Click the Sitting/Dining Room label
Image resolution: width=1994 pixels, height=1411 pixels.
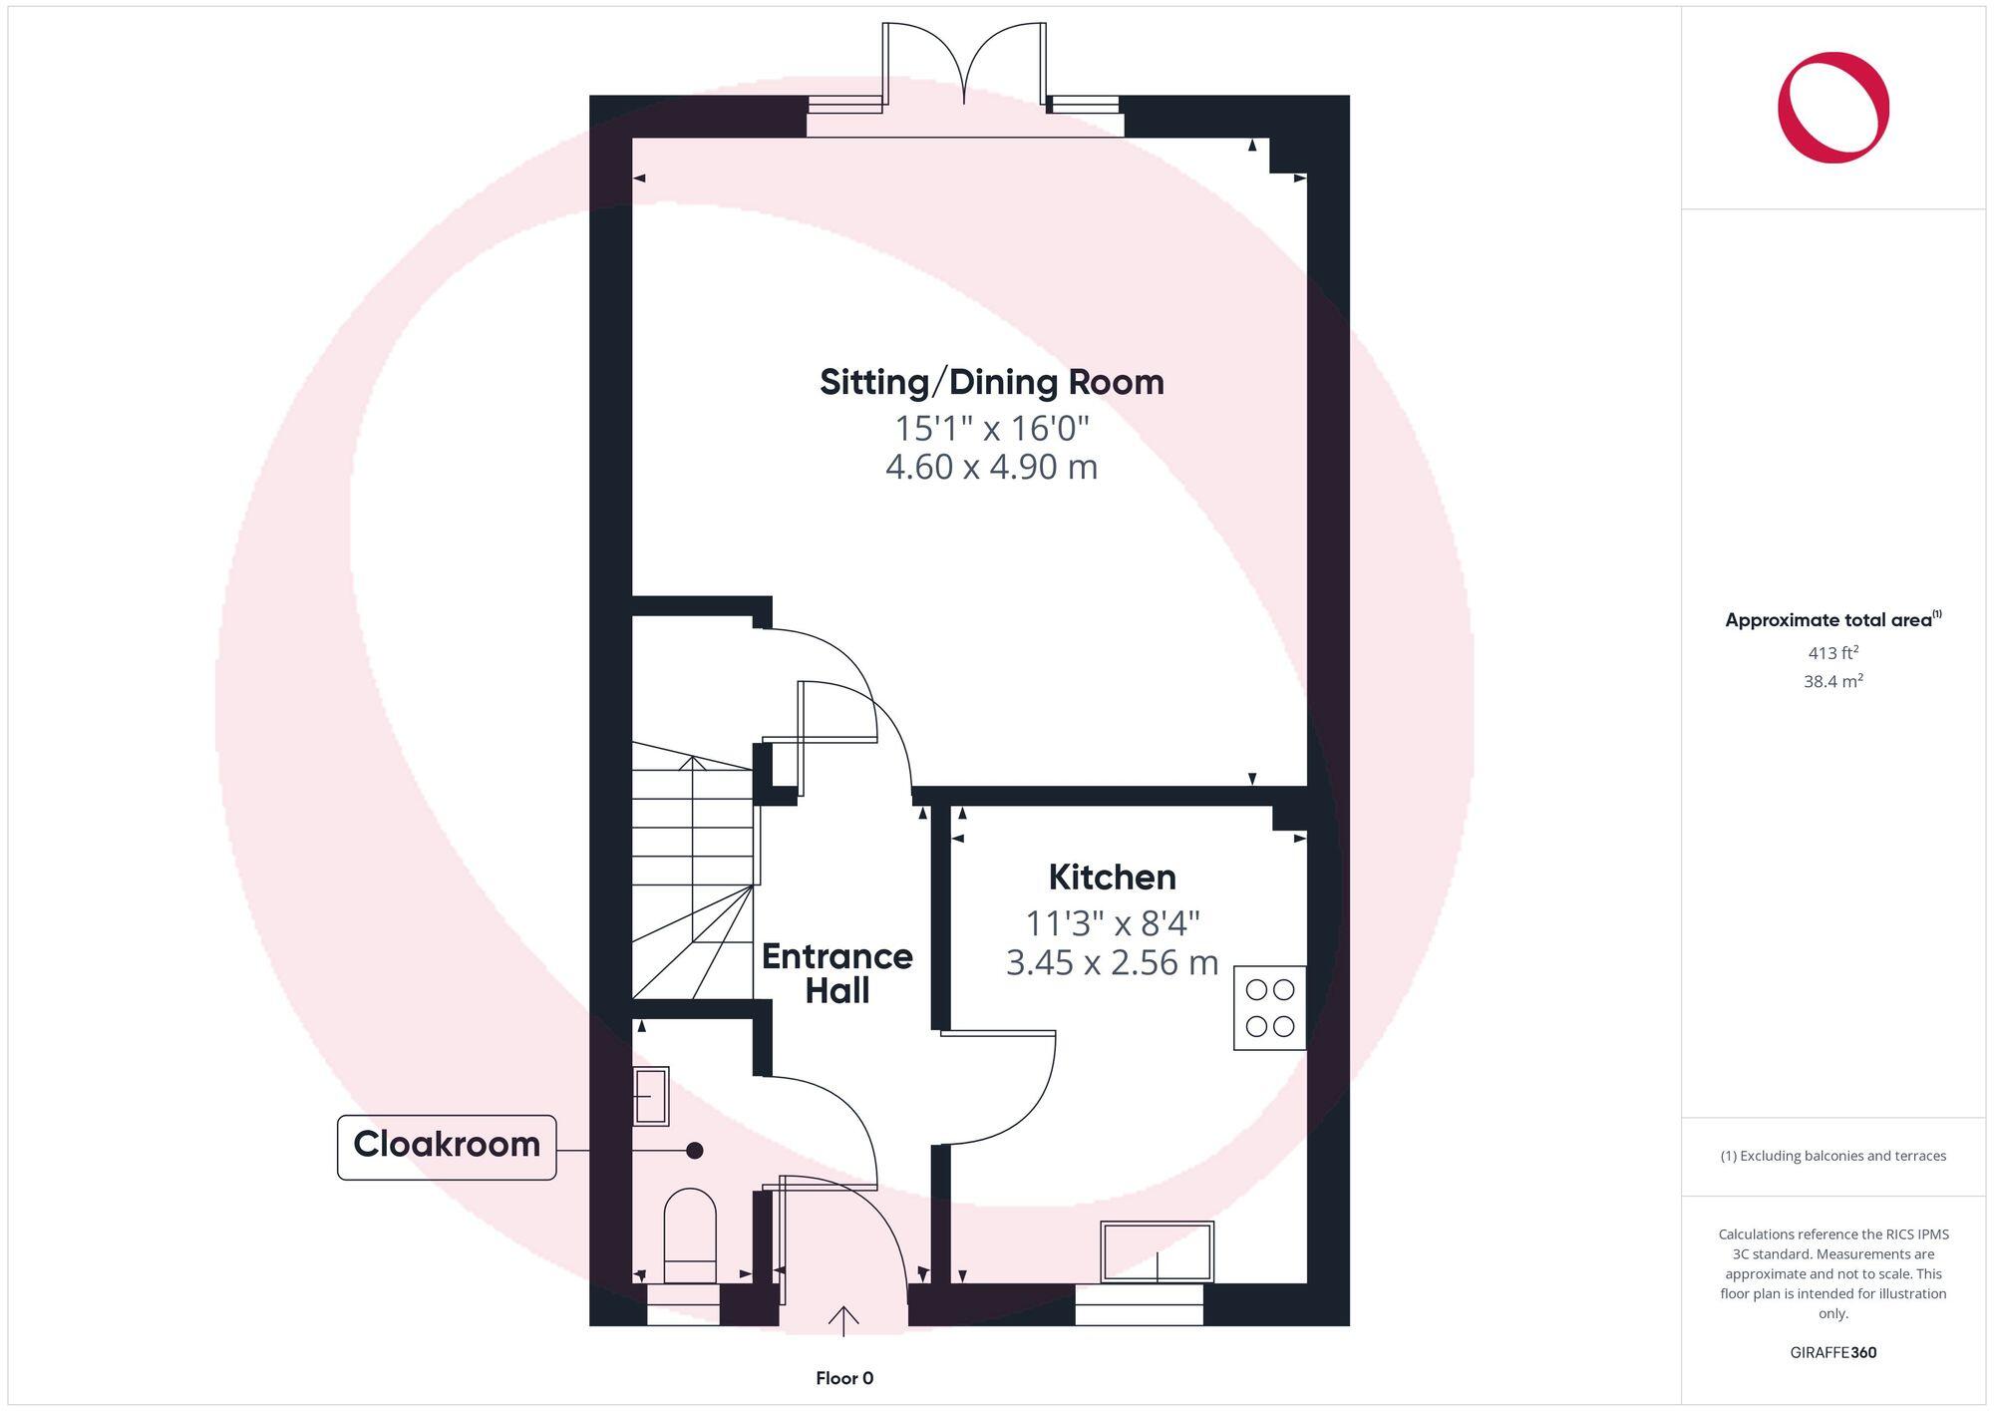(x=991, y=383)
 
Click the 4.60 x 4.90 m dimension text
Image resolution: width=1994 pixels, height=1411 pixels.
(x=991, y=467)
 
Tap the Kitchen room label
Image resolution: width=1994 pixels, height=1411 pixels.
(x=1112, y=878)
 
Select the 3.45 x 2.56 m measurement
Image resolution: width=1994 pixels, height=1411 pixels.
(x=1112, y=963)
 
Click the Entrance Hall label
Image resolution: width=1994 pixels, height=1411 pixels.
(x=836, y=973)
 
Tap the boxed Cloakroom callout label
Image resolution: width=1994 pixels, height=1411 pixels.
(x=447, y=1145)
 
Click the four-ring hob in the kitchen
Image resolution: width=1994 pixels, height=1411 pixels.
(x=1269, y=1007)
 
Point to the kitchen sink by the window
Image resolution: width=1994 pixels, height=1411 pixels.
(x=1157, y=1251)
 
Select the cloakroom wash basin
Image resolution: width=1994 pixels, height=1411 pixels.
(x=651, y=1096)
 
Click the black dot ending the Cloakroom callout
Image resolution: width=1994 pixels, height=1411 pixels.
(x=695, y=1150)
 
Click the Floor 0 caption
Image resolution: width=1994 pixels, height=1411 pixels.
(x=844, y=1378)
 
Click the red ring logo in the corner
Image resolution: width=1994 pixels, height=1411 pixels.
(x=1832, y=108)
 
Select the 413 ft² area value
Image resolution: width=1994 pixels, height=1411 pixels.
(x=1832, y=653)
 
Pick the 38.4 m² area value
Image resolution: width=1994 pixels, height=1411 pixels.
(x=1832, y=682)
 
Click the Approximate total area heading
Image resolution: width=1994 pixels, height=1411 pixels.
(x=1832, y=620)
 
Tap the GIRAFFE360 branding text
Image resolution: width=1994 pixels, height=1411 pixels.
(x=1832, y=1352)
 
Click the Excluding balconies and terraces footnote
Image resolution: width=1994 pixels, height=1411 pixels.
(x=1832, y=1156)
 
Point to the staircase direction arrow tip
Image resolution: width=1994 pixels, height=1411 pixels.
(x=693, y=759)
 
